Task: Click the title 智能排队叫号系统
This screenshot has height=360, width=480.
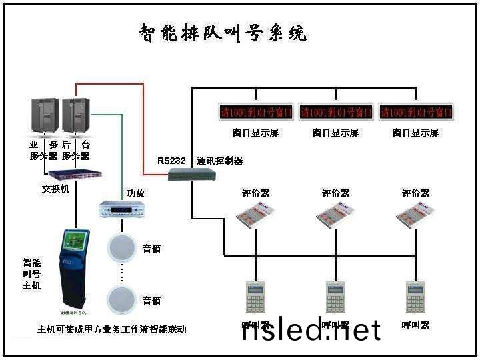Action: point(223,33)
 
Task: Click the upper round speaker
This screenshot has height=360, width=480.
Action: point(121,248)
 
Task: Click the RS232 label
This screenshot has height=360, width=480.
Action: point(170,161)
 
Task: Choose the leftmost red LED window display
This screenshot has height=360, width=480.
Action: point(255,111)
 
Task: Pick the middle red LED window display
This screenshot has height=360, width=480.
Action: point(335,111)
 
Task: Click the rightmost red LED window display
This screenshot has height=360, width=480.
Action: point(415,111)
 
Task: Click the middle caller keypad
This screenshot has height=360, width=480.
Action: point(335,297)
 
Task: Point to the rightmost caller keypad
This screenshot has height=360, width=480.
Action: point(415,297)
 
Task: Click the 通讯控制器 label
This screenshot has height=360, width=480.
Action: point(220,161)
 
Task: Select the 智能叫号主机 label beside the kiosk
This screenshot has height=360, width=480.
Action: point(31,273)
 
